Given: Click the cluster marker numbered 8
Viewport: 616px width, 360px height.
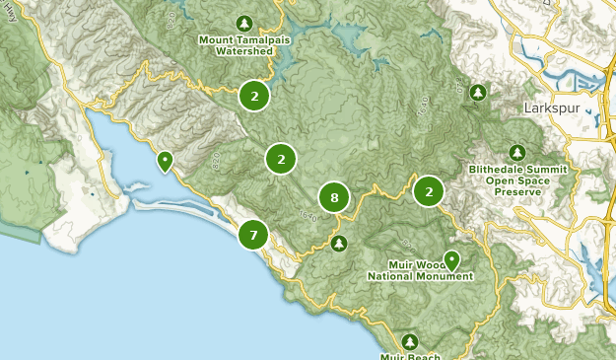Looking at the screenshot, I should (x=335, y=198).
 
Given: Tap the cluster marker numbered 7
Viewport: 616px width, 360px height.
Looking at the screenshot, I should (x=253, y=235).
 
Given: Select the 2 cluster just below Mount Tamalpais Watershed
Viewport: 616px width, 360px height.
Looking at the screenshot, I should (x=254, y=96).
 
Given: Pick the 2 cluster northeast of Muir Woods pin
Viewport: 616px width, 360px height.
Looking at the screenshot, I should (x=429, y=190).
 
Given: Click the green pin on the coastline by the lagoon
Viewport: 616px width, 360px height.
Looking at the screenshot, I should (x=166, y=160).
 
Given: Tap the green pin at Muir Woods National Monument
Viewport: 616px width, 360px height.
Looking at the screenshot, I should (x=451, y=259).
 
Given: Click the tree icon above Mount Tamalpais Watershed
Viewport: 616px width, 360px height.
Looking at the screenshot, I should (x=244, y=23).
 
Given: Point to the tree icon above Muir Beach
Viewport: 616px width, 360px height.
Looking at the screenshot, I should (x=410, y=341).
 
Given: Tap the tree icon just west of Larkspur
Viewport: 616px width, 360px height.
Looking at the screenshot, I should (x=478, y=93).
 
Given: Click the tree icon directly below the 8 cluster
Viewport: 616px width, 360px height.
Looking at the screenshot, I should (x=339, y=243).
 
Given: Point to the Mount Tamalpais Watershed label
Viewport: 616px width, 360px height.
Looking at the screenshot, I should (x=242, y=45).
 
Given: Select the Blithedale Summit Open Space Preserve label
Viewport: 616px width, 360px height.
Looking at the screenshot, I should (x=518, y=180).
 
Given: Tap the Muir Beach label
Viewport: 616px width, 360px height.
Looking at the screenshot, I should (x=410, y=356).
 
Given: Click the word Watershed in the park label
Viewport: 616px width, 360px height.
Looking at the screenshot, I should (x=242, y=51).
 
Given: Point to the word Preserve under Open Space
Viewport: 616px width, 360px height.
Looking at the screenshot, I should (x=518, y=192).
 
